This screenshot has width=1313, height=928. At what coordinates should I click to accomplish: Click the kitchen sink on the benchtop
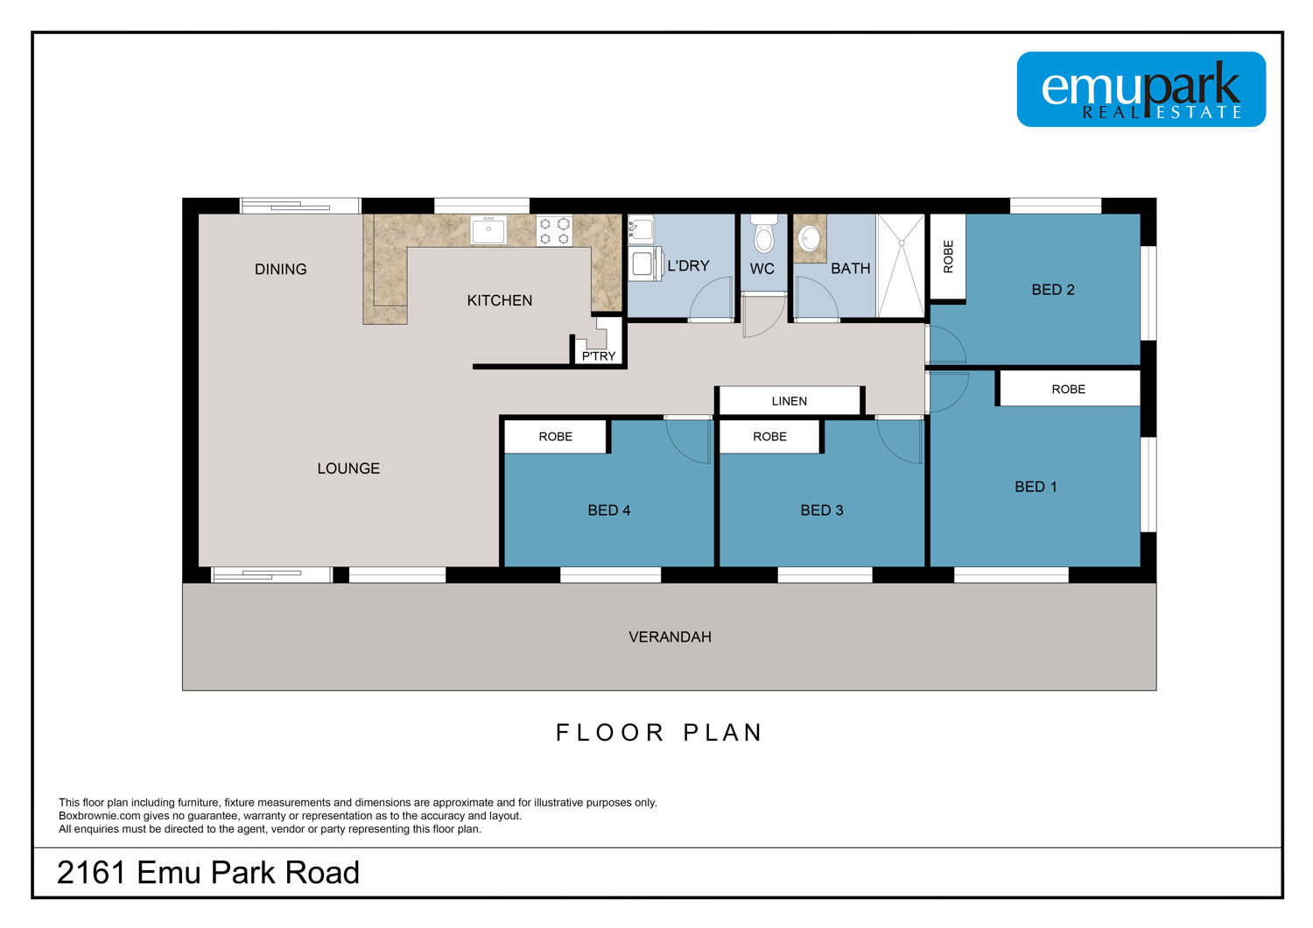coord(488,229)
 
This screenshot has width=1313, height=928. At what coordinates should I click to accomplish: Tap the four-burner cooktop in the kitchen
coord(554,230)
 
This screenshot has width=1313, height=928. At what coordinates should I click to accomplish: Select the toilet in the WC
coord(764,234)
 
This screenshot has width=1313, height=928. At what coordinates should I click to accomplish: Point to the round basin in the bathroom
coord(810,239)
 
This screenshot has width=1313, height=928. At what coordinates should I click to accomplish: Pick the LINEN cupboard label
coord(789,401)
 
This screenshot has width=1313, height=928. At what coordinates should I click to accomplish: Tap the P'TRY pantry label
coord(599,355)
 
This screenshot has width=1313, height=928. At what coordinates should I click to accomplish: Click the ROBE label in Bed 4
coord(555,437)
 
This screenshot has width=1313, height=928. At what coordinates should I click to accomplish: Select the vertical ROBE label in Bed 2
coord(948,257)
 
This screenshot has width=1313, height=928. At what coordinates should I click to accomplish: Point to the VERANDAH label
coord(670,636)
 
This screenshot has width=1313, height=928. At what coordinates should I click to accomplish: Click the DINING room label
coord(280,269)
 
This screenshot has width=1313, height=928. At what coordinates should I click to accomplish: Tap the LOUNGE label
coord(348,468)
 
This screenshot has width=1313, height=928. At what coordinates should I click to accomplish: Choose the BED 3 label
coord(822,510)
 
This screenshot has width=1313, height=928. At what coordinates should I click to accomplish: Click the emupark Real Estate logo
coord(1141,89)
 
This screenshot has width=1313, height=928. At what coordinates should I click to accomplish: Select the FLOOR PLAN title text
coord(659,733)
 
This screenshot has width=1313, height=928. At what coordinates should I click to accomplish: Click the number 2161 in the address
coord(91,872)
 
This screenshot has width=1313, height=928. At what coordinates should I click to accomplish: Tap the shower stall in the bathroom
coord(901,266)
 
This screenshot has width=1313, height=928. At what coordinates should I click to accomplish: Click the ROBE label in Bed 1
coord(1068,390)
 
